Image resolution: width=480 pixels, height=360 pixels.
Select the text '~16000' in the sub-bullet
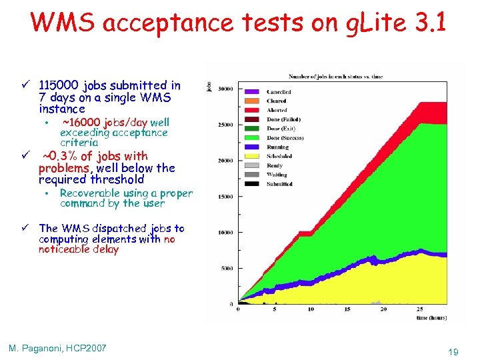(x=79, y=122)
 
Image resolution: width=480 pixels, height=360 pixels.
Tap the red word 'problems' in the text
(x=65, y=167)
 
